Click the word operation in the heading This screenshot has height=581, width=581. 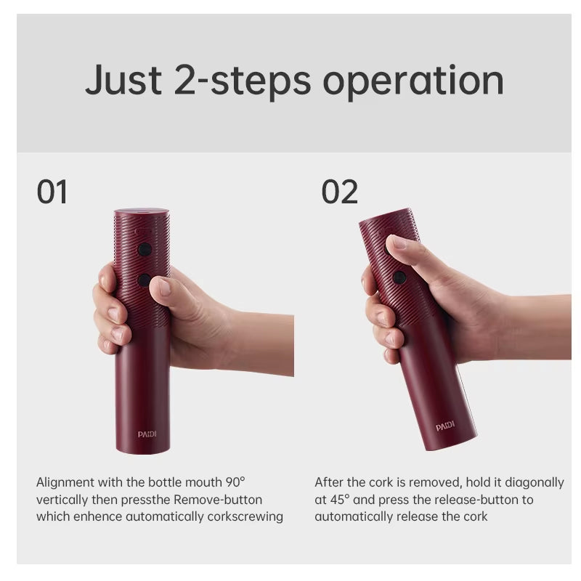click(x=413, y=81)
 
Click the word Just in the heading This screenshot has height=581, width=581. click(x=123, y=80)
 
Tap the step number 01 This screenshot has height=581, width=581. click(x=52, y=192)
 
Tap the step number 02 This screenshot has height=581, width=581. click(x=339, y=192)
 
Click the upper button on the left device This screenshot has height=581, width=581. click(x=145, y=249)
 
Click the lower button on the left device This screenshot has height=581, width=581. click(x=144, y=280)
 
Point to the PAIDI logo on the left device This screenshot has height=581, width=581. click(x=147, y=434)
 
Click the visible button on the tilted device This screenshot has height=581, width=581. click(x=399, y=277)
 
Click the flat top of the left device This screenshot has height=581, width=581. click(x=142, y=212)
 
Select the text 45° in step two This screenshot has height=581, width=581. click(x=337, y=500)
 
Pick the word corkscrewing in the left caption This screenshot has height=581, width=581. click(x=245, y=517)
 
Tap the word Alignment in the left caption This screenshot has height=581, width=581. click(x=65, y=482)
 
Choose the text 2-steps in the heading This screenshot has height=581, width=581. click(x=243, y=81)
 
